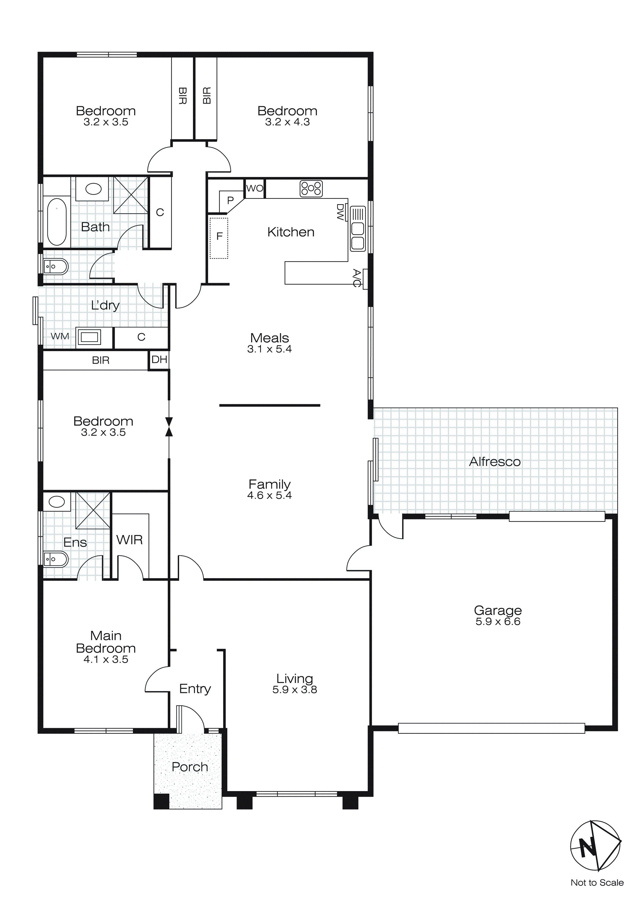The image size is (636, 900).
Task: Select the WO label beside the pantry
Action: pos(255,188)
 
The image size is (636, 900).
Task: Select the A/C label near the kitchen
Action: pos(356,278)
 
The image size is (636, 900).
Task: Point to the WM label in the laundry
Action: pos(60,336)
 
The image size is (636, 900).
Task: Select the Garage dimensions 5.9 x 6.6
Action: pos(498,622)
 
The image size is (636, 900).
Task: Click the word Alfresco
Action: pos(495,462)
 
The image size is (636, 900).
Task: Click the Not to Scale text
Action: pos(597,883)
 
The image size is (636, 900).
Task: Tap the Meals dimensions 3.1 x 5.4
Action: pos(269,349)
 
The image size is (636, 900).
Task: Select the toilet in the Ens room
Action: pos(56,559)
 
